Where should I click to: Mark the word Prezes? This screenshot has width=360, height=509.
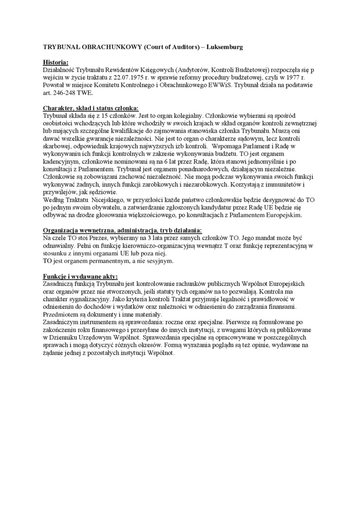pos(96,238)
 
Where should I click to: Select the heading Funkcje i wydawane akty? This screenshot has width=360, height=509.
pos(81,276)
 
